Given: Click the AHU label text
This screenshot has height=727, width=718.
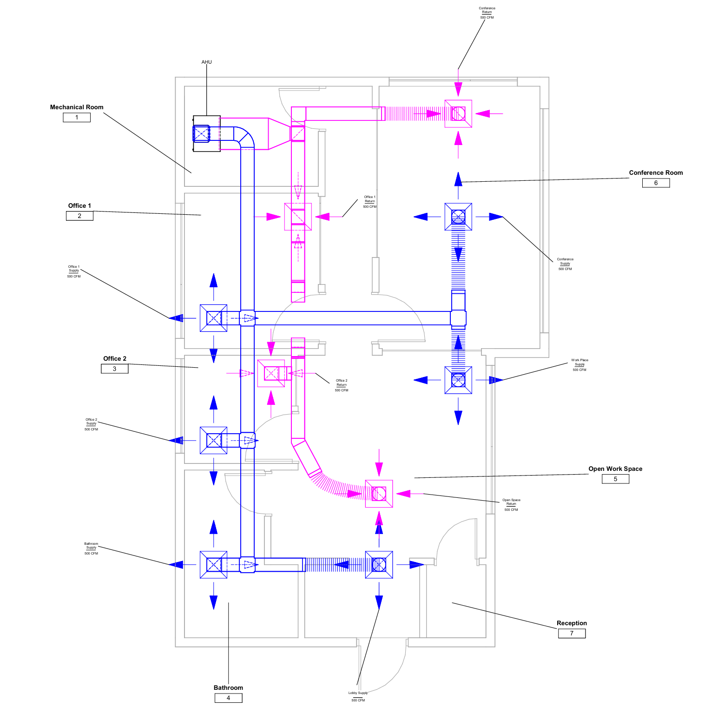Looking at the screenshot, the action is click(206, 62).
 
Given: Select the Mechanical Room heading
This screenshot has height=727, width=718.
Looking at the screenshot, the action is click(77, 107).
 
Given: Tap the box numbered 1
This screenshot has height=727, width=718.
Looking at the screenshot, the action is click(77, 118).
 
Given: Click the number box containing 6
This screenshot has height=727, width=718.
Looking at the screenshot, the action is click(656, 183).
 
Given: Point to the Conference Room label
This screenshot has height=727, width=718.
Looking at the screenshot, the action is click(656, 172).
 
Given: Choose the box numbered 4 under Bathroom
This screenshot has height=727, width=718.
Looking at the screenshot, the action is click(228, 698).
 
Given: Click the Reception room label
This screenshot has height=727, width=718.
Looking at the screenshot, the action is click(572, 623).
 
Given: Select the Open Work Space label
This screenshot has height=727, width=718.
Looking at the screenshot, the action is click(615, 469).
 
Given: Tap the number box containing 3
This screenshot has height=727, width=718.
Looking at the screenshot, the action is click(114, 369).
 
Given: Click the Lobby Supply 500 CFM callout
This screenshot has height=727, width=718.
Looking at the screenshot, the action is click(358, 696).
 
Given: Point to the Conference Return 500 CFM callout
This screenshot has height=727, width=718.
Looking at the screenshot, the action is click(487, 13).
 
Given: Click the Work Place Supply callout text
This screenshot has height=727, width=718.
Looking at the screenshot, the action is click(580, 365).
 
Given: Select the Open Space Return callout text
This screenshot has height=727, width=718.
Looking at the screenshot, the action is click(511, 505).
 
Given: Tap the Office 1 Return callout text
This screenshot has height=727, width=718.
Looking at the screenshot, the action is click(369, 202).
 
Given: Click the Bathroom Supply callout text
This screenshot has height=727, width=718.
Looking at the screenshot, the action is click(91, 549).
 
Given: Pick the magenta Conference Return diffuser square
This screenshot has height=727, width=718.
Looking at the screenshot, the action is click(458, 114).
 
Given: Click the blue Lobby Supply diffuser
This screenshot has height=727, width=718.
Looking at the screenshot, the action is click(379, 565).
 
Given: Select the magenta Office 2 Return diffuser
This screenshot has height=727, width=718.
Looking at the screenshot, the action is click(271, 373).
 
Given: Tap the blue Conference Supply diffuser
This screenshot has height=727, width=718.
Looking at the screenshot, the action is click(458, 217).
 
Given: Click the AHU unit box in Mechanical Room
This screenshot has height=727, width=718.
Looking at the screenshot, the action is click(207, 133).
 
